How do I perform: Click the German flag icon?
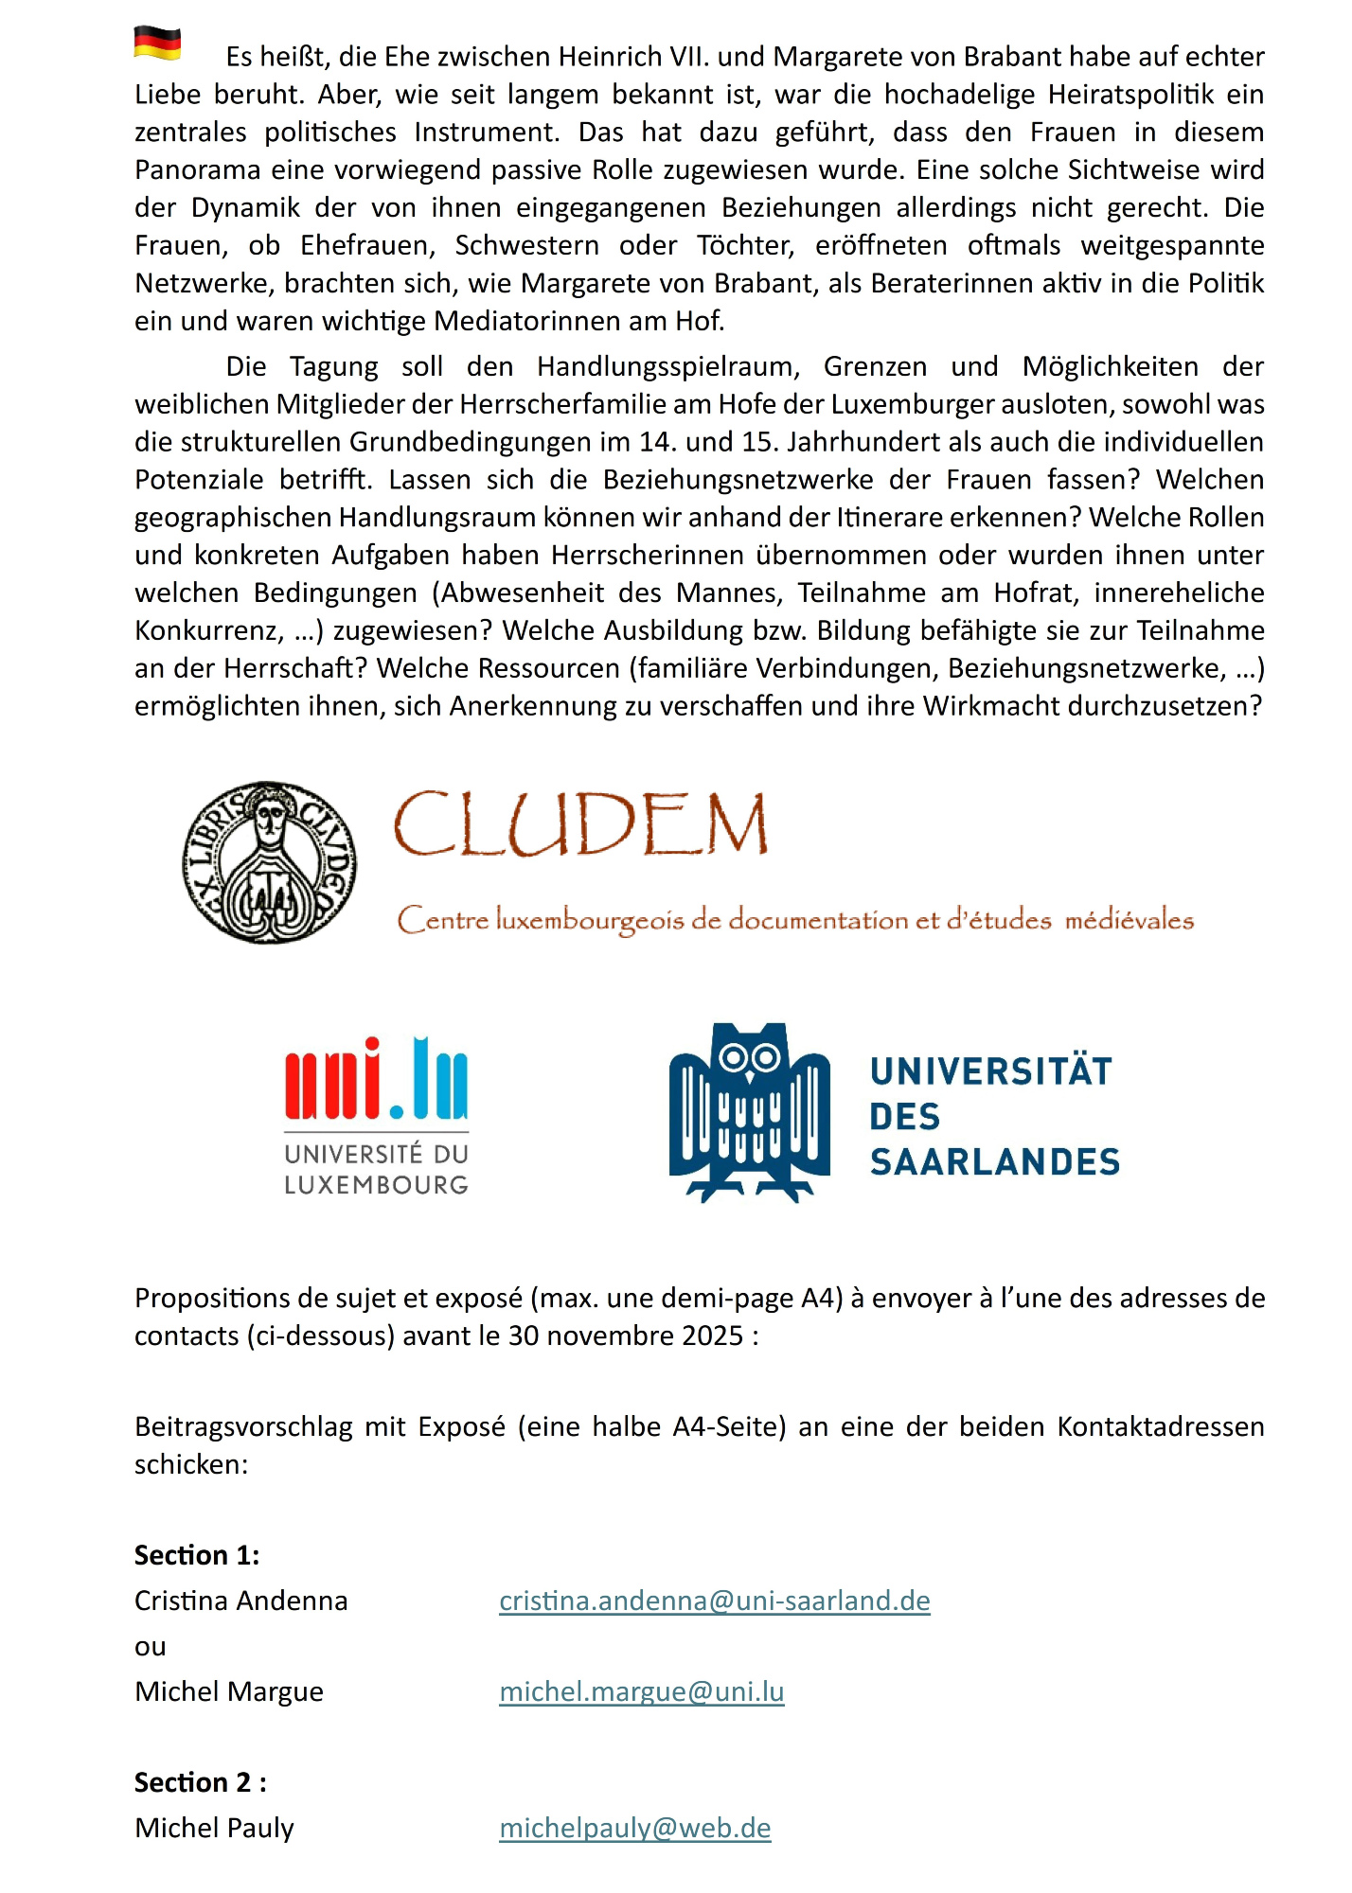tap(157, 44)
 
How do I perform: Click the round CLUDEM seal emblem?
tap(270, 862)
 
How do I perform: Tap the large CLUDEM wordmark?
tap(580, 824)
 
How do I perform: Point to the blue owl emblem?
tap(750, 1112)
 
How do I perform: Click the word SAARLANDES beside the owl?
tap(994, 1162)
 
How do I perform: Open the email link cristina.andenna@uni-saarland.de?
tap(715, 1601)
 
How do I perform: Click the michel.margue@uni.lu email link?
tap(642, 1691)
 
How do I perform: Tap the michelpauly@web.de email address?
tap(635, 1828)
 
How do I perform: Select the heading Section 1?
tap(197, 1555)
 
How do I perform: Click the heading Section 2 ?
tap(201, 1782)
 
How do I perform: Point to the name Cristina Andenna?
tap(241, 1601)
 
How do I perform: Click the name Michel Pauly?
tap(215, 1828)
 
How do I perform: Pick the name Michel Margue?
tap(229, 1691)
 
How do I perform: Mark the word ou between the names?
tap(151, 1647)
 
